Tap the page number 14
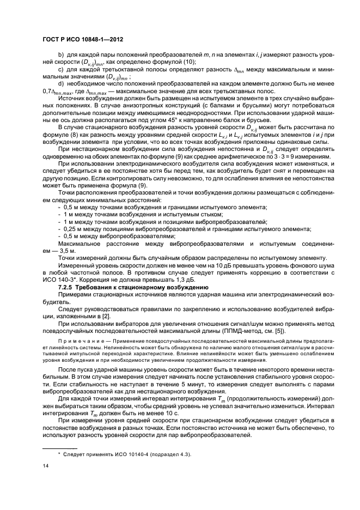pos(45,466)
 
